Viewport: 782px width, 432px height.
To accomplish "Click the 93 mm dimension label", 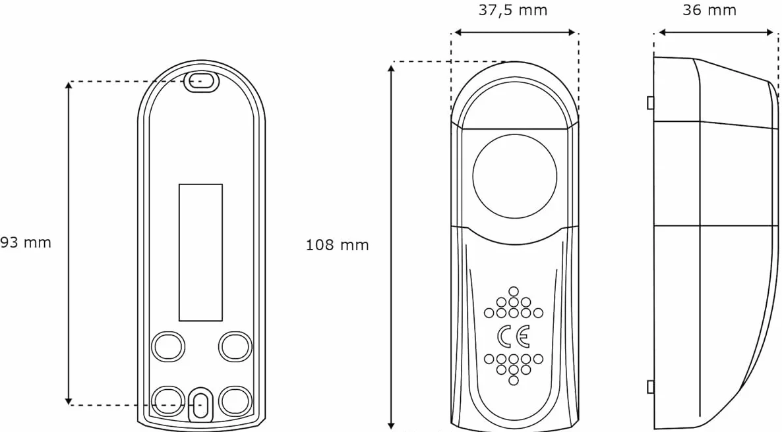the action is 26,242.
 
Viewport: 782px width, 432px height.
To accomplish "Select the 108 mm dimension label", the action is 337,245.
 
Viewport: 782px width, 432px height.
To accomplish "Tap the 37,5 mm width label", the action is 513,11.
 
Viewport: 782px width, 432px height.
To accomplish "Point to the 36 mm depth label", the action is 709,10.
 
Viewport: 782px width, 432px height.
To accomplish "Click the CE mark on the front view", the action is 513,337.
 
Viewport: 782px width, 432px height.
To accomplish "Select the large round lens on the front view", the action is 514,176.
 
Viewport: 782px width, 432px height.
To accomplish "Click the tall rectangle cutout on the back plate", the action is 200,253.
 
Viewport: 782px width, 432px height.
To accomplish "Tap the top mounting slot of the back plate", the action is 202,81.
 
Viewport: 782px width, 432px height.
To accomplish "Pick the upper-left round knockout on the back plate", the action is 167,346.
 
